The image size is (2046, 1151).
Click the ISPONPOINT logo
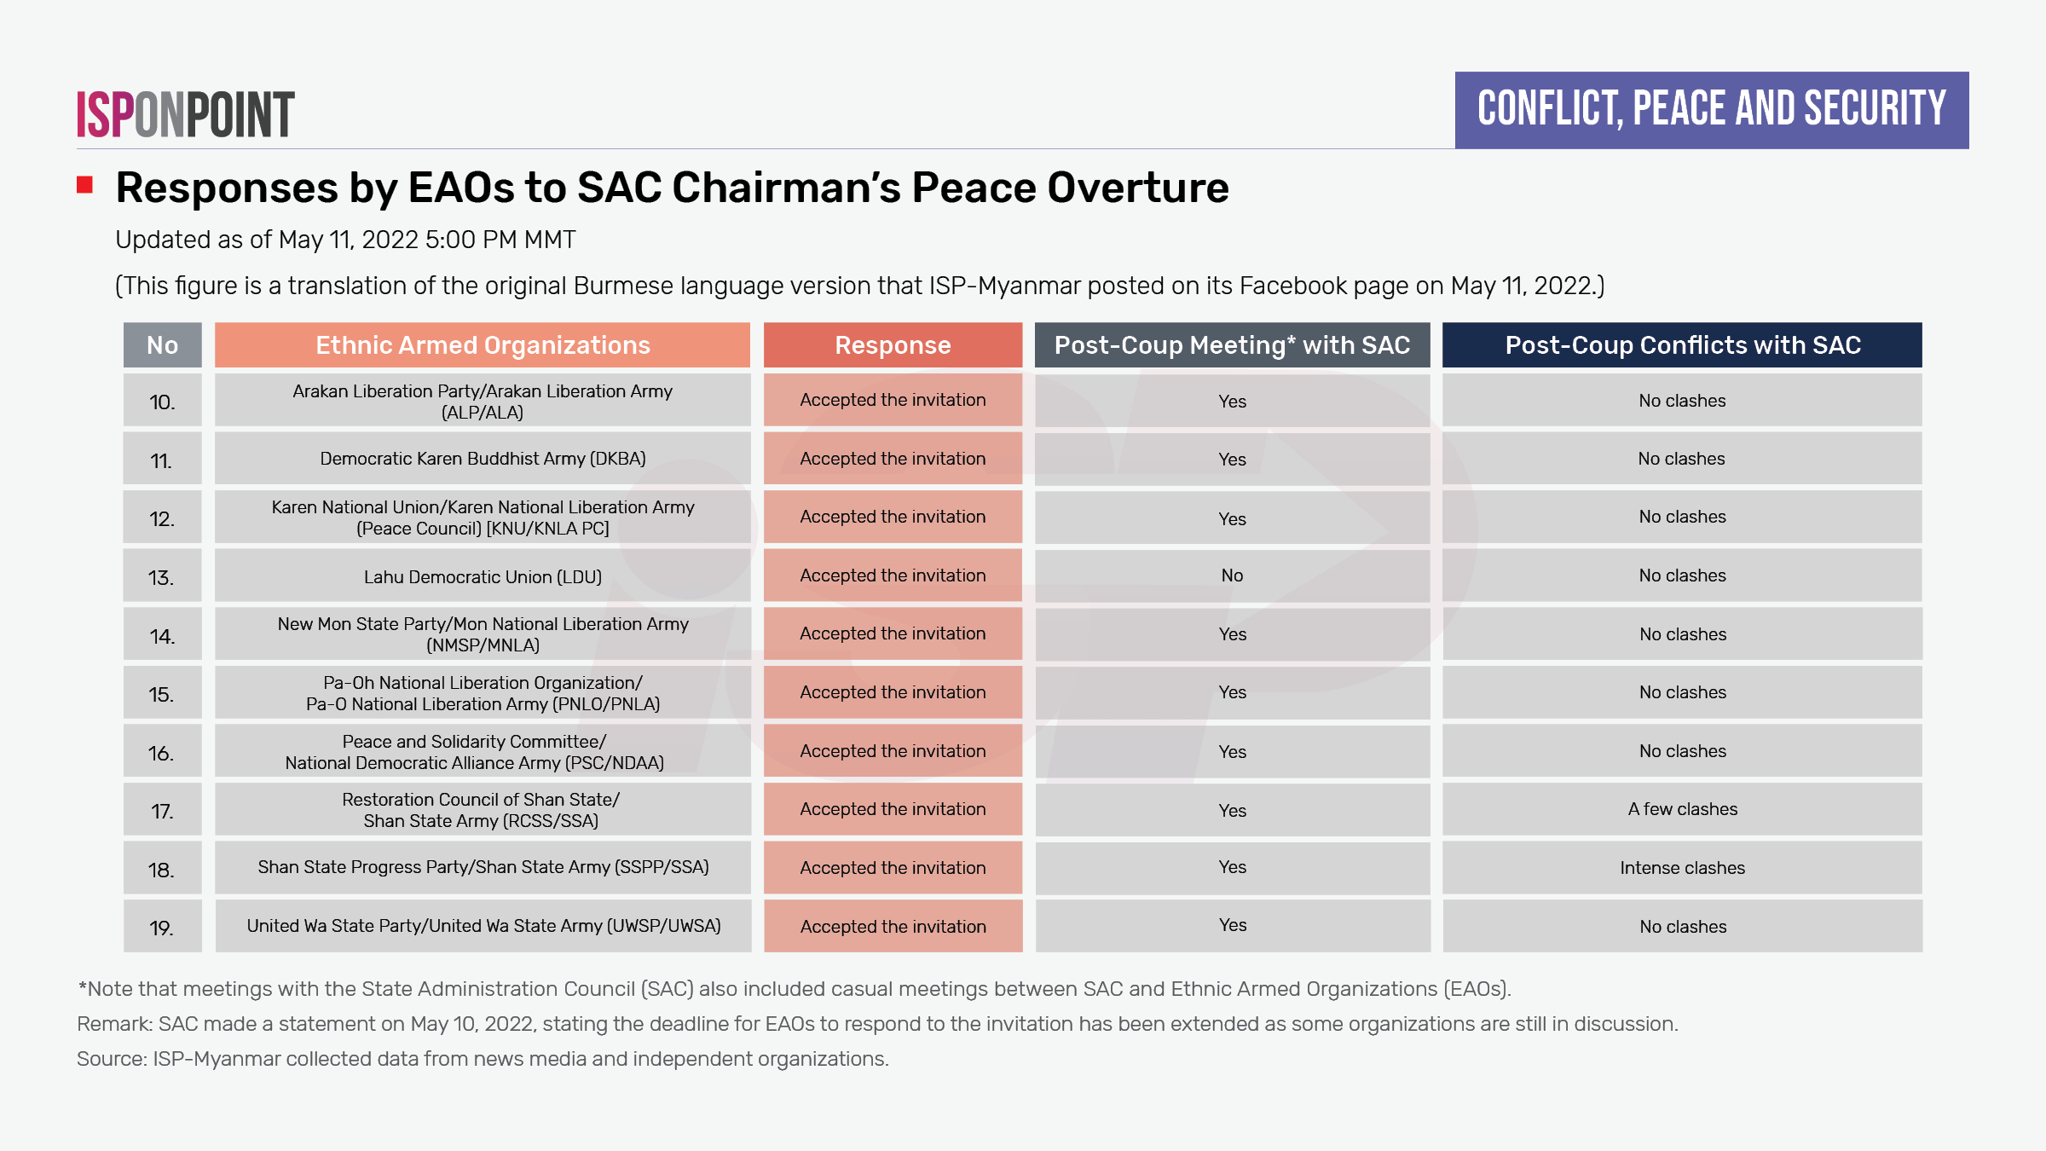pos(186,114)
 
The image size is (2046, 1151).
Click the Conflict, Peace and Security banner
pos(1711,110)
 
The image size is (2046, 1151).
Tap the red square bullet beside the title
pos(84,185)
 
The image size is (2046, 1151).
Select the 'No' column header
pos(162,345)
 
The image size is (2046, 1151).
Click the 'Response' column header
pos(893,345)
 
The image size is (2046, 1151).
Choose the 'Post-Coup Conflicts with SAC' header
pos(1682,345)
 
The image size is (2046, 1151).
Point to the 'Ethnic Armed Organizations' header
pos(483,345)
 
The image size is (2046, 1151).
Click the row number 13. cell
pos(162,577)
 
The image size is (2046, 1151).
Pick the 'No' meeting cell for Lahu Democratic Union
pos(1232,575)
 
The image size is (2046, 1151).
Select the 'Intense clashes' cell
pos(1682,868)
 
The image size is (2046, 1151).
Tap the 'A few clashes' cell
pos(1682,809)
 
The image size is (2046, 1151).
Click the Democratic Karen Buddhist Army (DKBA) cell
pos(483,459)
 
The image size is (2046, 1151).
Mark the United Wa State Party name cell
pos(483,926)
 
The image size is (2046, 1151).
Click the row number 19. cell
pos(162,928)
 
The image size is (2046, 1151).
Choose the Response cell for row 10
pos(893,400)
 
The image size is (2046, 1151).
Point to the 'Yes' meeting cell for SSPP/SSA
pos(1232,867)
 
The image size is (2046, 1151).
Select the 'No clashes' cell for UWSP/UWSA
pos(1682,927)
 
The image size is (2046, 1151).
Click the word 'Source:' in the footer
pos(112,1059)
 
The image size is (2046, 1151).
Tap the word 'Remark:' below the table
pos(114,1024)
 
